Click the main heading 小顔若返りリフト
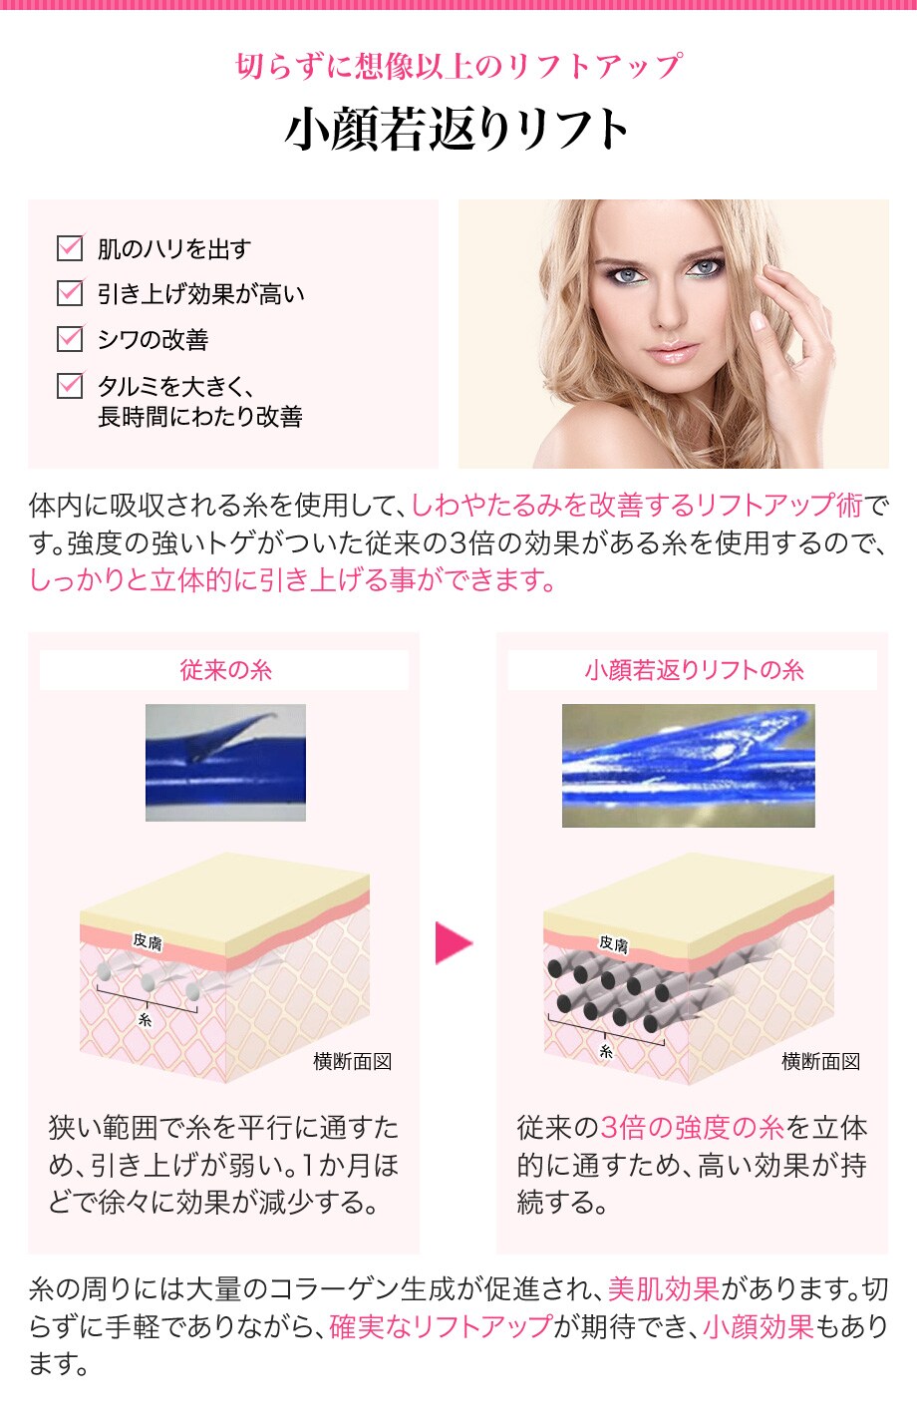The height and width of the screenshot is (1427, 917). coord(457,130)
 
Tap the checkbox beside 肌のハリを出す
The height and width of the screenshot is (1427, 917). coord(70,248)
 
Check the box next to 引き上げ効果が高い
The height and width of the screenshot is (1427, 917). coord(70,293)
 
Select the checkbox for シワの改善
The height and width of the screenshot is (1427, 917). coord(70,339)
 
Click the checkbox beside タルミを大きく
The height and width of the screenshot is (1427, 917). coord(70,385)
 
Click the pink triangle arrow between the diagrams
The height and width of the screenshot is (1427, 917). coord(454,942)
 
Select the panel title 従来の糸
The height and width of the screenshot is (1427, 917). coord(225,670)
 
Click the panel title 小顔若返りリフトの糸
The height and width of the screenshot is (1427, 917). coord(694,670)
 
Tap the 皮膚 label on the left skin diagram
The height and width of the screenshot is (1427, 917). coord(148,941)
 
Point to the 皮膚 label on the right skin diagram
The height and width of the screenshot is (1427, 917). coord(613,944)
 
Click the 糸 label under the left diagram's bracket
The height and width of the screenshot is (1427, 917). coord(146,1020)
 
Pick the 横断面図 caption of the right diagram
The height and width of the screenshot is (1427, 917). coord(821,1061)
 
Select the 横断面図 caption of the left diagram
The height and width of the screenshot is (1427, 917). coord(352,1061)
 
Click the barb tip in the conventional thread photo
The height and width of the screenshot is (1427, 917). coord(275,715)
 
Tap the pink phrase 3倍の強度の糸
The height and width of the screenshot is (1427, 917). coord(692,1128)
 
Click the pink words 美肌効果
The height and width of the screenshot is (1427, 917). coord(664,1288)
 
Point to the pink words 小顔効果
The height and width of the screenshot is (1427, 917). coord(758,1326)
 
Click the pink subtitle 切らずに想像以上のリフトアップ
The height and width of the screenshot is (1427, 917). coord(458,66)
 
